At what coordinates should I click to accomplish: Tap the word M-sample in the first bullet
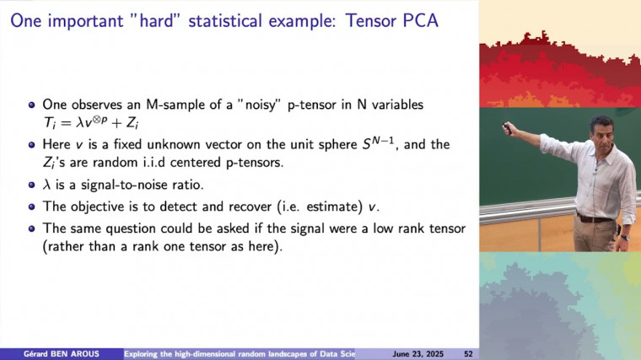tap(168, 105)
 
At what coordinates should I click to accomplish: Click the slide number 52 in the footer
tap(468, 352)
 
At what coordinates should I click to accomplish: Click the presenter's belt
tap(596, 219)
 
